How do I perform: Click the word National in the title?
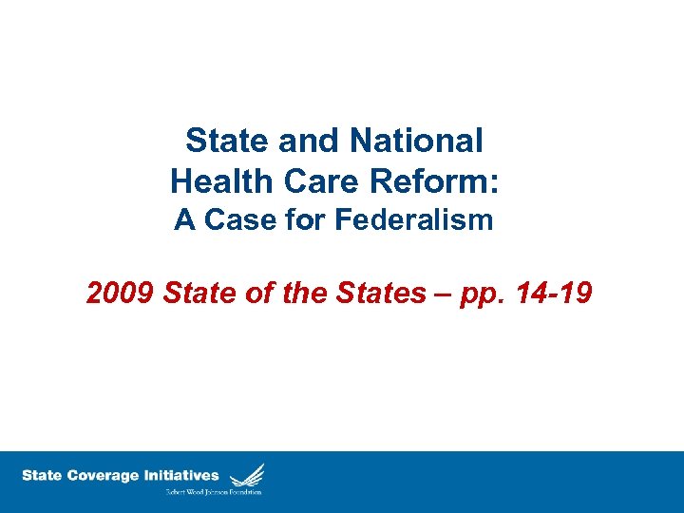pyautogui.click(x=417, y=141)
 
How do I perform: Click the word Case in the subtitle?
pyautogui.click(x=232, y=220)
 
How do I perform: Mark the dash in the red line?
pyautogui.click(x=445, y=294)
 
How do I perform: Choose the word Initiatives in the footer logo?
pyautogui.click(x=180, y=475)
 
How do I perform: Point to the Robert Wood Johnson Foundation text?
pyautogui.click(x=215, y=491)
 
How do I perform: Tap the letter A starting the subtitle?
pyautogui.click(x=184, y=220)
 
